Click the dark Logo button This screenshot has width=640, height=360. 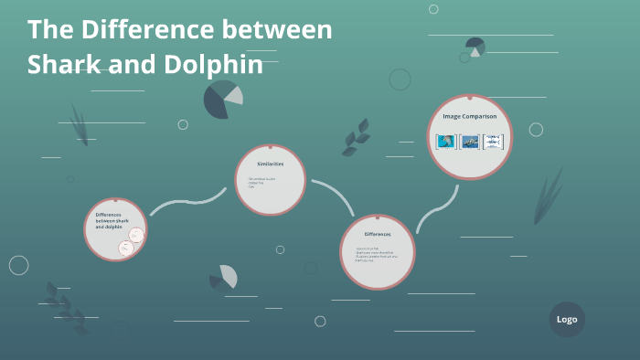tap(567, 320)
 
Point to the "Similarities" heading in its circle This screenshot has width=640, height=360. tap(270, 164)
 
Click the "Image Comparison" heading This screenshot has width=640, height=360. tap(470, 117)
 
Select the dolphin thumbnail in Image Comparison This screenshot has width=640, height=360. tap(446, 142)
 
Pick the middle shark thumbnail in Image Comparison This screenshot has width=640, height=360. tap(470, 142)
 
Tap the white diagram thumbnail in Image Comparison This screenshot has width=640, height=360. tap(494, 142)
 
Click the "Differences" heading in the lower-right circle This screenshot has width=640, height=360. tap(377, 235)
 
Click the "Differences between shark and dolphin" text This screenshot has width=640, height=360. tap(112, 220)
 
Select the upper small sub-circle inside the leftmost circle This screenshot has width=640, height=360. tap(136, 236)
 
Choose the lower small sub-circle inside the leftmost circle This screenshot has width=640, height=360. tap(127, 248)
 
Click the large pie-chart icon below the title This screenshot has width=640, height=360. tap(222, 99)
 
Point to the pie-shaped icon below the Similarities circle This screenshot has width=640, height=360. tap(224, 277)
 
